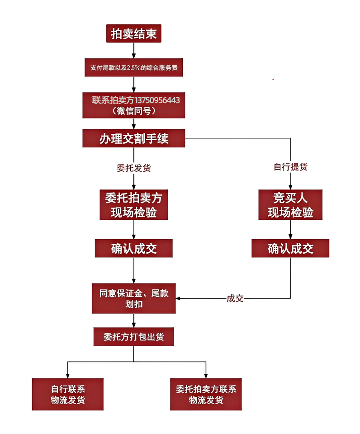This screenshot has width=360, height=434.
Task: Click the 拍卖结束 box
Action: tap(133, 34)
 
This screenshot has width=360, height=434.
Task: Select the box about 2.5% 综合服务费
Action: tap(133, 67)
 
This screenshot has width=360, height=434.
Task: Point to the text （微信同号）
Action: tap(133, 110)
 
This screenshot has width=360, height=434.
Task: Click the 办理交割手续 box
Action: tap(133, 138)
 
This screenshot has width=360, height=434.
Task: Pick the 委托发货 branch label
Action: tap(133, 168)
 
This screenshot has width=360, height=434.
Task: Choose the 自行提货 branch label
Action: tap(290, 167)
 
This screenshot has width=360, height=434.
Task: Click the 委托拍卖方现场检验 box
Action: tap(133, 205)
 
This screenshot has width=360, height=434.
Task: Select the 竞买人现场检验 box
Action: tap(290, 205)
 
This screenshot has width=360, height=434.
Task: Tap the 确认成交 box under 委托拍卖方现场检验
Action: tap(133, 248)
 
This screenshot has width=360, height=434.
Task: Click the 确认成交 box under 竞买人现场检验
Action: tap(290, 248)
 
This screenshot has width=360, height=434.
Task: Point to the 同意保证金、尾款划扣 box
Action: tap(133, 298)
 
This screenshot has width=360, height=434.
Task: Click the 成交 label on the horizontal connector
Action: tap(235, 298)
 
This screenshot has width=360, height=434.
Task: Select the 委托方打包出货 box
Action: tap(133, 337)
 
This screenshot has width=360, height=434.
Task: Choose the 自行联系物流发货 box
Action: tap(68, 394)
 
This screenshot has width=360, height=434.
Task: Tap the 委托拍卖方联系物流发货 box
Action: tap(206, 394)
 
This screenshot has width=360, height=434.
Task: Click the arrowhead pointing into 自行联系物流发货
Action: tap(68, 375)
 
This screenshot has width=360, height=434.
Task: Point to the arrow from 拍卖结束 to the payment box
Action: tap(133, 51)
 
